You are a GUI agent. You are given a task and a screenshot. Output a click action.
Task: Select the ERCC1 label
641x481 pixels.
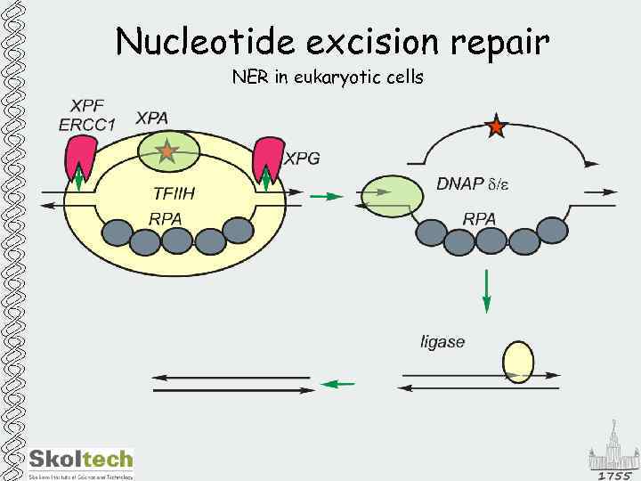[x=87, y=125]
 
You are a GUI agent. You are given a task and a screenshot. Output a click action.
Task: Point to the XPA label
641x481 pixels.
[x=152, y=118]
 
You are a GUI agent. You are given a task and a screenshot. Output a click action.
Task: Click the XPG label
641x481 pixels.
[x=302, y=159]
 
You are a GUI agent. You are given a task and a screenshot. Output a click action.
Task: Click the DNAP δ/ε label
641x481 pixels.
[x=473, y=184]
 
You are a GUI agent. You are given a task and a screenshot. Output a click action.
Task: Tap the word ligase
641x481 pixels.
[x=442, y=341]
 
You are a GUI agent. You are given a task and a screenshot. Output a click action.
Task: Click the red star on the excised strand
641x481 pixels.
[x=496, y=127]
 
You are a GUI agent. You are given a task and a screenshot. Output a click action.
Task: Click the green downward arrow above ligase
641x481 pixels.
[x=486, y=291]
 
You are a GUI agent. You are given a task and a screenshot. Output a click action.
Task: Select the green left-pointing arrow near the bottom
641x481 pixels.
[x=337, y=384]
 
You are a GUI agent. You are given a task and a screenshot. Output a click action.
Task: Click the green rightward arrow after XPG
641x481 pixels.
[x=329, y=196]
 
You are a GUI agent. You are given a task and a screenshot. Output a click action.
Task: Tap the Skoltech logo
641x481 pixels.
[x=80, y=461]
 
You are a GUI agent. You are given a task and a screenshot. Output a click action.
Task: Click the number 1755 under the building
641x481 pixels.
[x=614, y=474]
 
